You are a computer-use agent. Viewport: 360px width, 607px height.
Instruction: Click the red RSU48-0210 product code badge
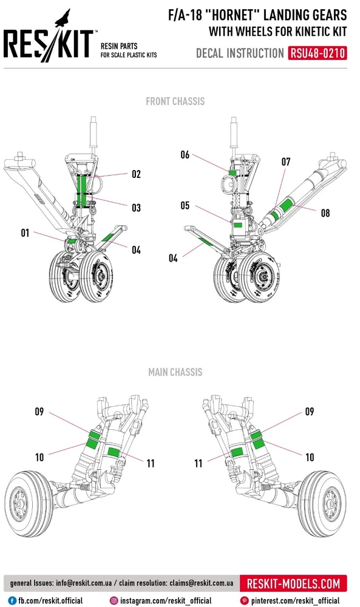click(x=317, y=53)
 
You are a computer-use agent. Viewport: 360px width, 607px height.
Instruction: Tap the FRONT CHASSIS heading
click(x=175, y=101)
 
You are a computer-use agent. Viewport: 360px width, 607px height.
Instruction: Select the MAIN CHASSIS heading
click(x=175, y=372)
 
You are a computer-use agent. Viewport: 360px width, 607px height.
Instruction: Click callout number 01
click(x=25, y=232)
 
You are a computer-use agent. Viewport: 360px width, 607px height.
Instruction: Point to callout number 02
click(x=136, y=174)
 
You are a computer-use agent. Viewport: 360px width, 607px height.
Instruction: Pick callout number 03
click(x=136, y=208)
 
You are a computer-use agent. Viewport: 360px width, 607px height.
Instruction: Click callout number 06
click(x=185, y=155)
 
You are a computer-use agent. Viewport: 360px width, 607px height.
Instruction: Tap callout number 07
click(x=286, y=162)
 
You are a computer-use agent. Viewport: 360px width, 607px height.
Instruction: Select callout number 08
click(x=325, y=213)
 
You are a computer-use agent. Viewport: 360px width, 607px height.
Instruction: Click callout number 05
click(x=185, y=206)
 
